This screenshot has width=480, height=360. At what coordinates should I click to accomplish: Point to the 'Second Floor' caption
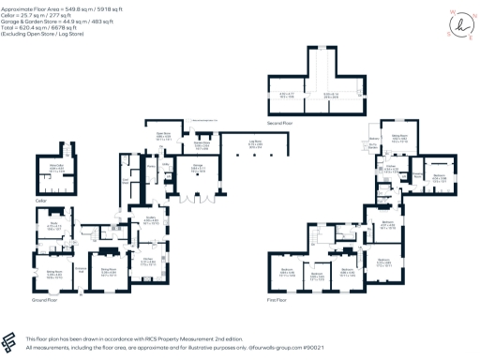pyautogui.click(x=329, y=123)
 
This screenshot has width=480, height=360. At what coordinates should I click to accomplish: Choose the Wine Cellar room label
pyautogui.click(x=54, y=170)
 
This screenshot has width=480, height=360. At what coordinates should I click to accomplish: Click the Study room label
pyautogui.click(x=54, y=225)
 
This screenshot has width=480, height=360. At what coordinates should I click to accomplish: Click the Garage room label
pyautogui.click(x=198, y=171)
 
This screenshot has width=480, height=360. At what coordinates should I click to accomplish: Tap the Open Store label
pyautogui.click(x=162, y=136)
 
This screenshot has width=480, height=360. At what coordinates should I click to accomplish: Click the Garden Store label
pyautogui.click(x=202, y=145)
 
